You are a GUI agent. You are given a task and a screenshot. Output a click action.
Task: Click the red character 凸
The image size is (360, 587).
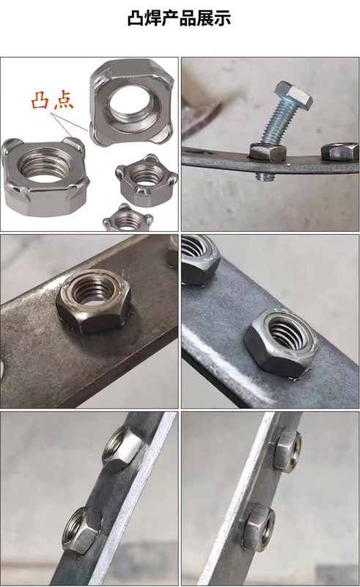[40, 100]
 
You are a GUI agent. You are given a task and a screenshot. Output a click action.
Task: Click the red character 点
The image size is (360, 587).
[64, 101]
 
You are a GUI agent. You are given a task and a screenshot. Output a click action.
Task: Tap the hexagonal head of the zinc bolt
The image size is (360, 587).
[293, 95]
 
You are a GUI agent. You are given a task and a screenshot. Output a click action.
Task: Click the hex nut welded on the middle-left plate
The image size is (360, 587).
[94, 300]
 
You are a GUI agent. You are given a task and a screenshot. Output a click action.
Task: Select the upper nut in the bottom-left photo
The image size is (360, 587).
[122, 448]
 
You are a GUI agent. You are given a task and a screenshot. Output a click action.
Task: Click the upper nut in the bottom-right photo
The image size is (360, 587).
[287, 451]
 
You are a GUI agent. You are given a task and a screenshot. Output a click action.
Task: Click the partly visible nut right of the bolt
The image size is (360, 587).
[339, 151]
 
